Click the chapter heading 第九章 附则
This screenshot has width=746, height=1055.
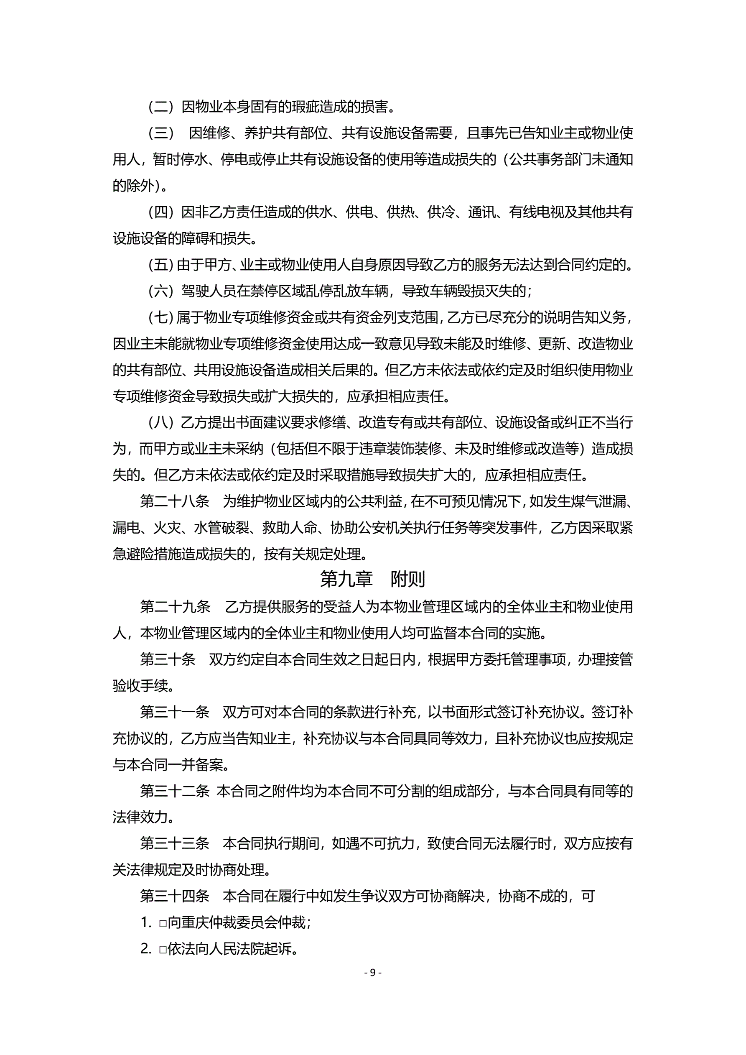click(372, 580)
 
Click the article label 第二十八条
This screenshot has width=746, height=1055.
click(175, 501)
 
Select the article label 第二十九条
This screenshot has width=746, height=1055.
click(175, 607)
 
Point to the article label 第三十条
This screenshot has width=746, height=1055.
click(168, 659)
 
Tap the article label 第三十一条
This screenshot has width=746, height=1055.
click(175, 712)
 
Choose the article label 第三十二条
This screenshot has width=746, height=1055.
click(175, 791)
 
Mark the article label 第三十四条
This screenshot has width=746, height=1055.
click(175, 896)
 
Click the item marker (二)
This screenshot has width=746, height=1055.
click(160, 107)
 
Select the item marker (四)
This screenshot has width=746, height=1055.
click(160, 212)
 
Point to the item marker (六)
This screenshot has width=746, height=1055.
click(160, 291)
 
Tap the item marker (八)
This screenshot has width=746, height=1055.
click(160, 422)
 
